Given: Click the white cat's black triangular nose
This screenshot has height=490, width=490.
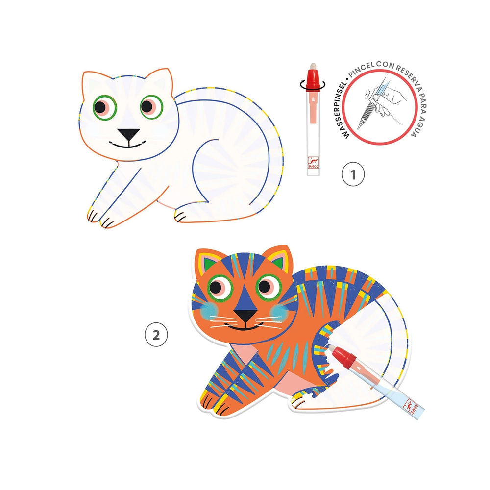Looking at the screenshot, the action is coord(128,134).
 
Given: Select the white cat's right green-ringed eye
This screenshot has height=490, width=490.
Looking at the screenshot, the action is coord(151,106).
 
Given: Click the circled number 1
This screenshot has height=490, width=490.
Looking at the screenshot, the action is coord(353,174).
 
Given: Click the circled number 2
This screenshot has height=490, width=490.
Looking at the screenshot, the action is coord(156,335).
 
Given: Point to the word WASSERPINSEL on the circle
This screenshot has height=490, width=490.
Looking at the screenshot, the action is coord(344,110).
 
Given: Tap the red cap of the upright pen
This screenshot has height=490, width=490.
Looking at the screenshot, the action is coord(312,83).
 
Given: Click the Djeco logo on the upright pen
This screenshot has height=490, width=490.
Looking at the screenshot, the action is coord(313,163).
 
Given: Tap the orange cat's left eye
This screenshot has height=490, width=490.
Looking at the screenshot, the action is coord(220,287).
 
